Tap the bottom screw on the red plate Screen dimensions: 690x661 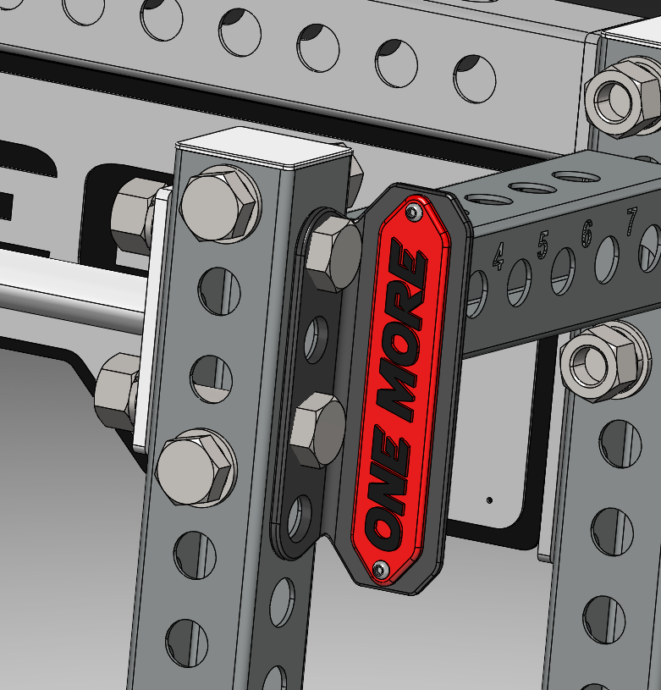coord(382,571)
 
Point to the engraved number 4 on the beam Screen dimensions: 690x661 coord(499,254)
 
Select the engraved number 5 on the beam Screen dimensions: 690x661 coord(543,243)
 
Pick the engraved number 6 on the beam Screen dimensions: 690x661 coord(587,231)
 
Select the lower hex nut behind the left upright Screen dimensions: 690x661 coord(116,392)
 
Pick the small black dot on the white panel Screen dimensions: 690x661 coord(489,500)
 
